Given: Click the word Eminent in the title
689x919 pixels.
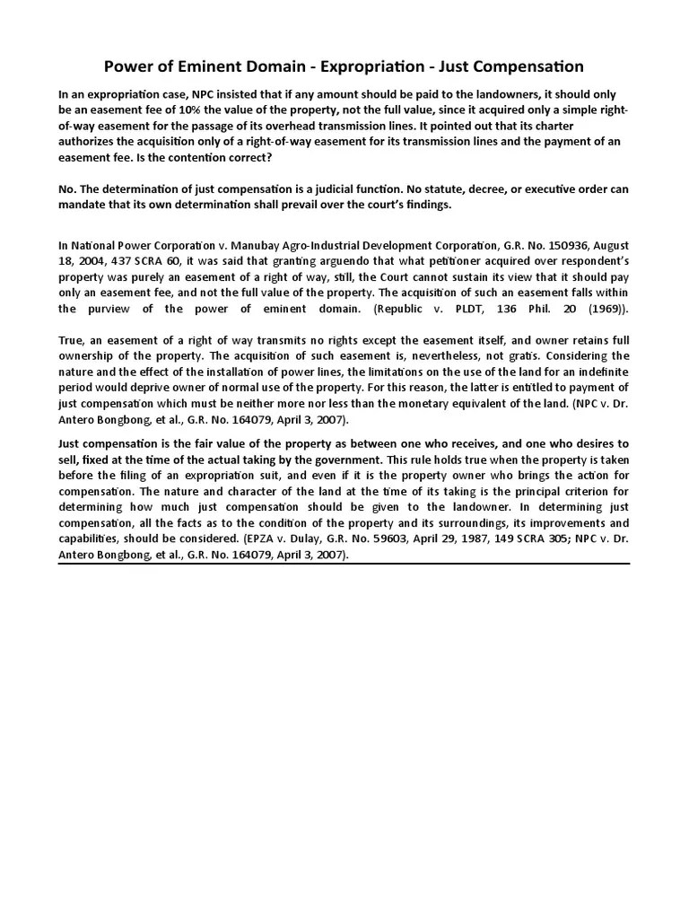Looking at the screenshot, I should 199,66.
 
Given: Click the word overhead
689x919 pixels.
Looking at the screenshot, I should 280,126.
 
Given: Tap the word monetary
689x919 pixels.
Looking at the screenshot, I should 406,404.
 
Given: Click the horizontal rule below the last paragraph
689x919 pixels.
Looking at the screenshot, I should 344,565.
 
